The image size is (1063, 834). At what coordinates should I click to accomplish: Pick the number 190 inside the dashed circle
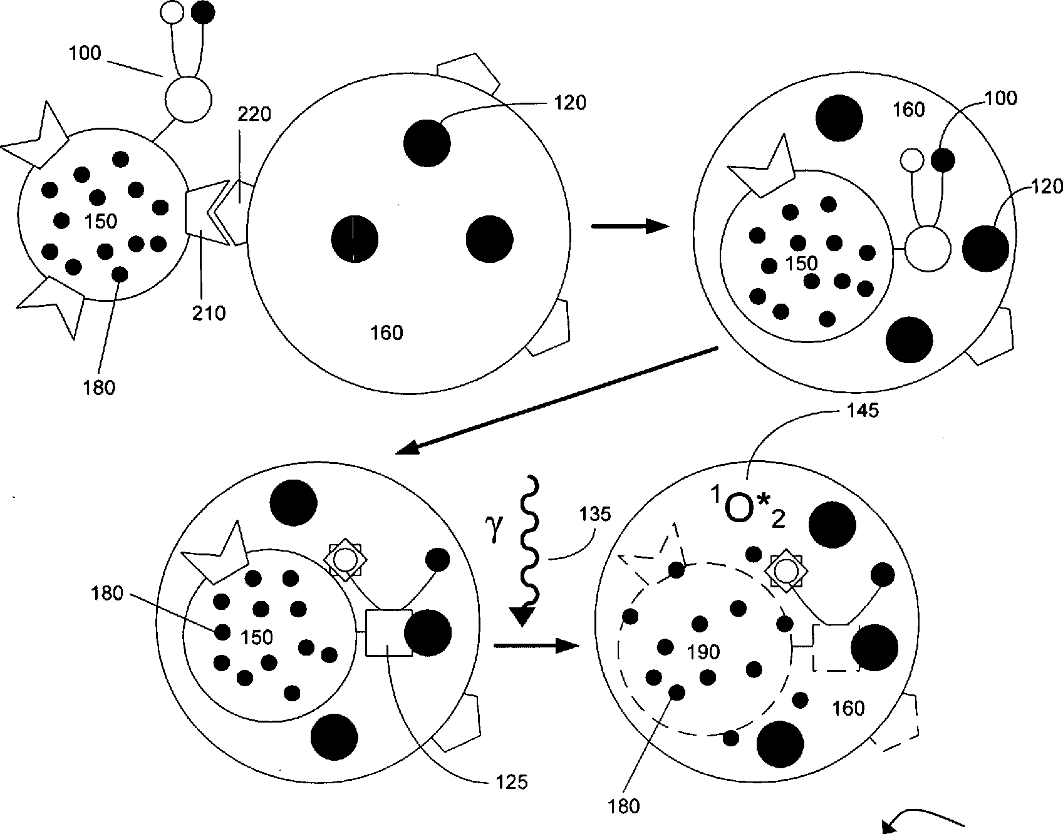pyautogui.click(x=703, y=652)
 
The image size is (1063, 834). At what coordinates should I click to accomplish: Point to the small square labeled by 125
pyautogui.click(x=388, y=632)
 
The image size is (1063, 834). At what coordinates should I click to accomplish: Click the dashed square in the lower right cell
pyautogui.click(x=835, y=648)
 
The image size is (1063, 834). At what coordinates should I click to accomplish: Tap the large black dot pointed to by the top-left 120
pyautogui.click(x=427, y=143)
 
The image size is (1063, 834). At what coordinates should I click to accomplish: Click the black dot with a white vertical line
pyautogui.click(x=355, y=239)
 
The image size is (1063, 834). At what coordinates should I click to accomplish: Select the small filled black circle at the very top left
pyautogui.click(x=202, y=12)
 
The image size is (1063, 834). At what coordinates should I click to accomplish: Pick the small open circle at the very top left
pyautogui.click(x=172, y=11)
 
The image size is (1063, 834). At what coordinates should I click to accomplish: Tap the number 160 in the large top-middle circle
pyautogui.click(x=386, y=332)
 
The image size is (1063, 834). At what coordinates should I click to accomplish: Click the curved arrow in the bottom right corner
pyautogui.click(x=927, y=820)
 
